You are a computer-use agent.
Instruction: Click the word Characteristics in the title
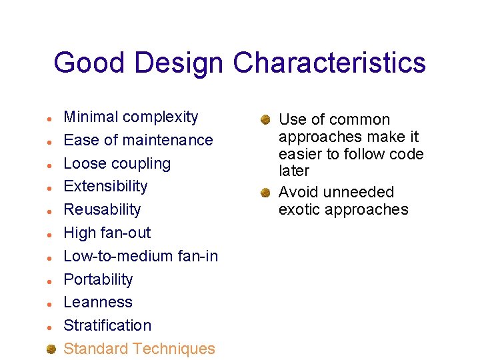coord(329,63)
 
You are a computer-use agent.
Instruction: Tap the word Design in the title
coord(179,63)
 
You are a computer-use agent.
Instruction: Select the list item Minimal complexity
coord(131,117)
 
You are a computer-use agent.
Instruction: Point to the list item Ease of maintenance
coord(138,140)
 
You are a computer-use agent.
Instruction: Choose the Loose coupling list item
coord(117,163)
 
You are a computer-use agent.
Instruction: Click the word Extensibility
coord(105,186)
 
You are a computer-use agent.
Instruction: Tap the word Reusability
coord(102,209)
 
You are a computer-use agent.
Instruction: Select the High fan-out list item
coord(107,233)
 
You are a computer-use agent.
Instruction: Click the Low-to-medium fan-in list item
coord(141,256)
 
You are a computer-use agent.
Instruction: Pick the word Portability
coord(98,279)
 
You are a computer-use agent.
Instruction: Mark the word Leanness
coord(98,302)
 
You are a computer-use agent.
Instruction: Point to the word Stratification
coord(107,325)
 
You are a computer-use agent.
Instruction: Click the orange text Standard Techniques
coord(139,349)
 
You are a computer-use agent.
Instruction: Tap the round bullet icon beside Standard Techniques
coord(51,348)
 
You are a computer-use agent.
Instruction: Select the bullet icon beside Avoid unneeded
coord(265,193)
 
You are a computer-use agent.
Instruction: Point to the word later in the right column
coord(294,171)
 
